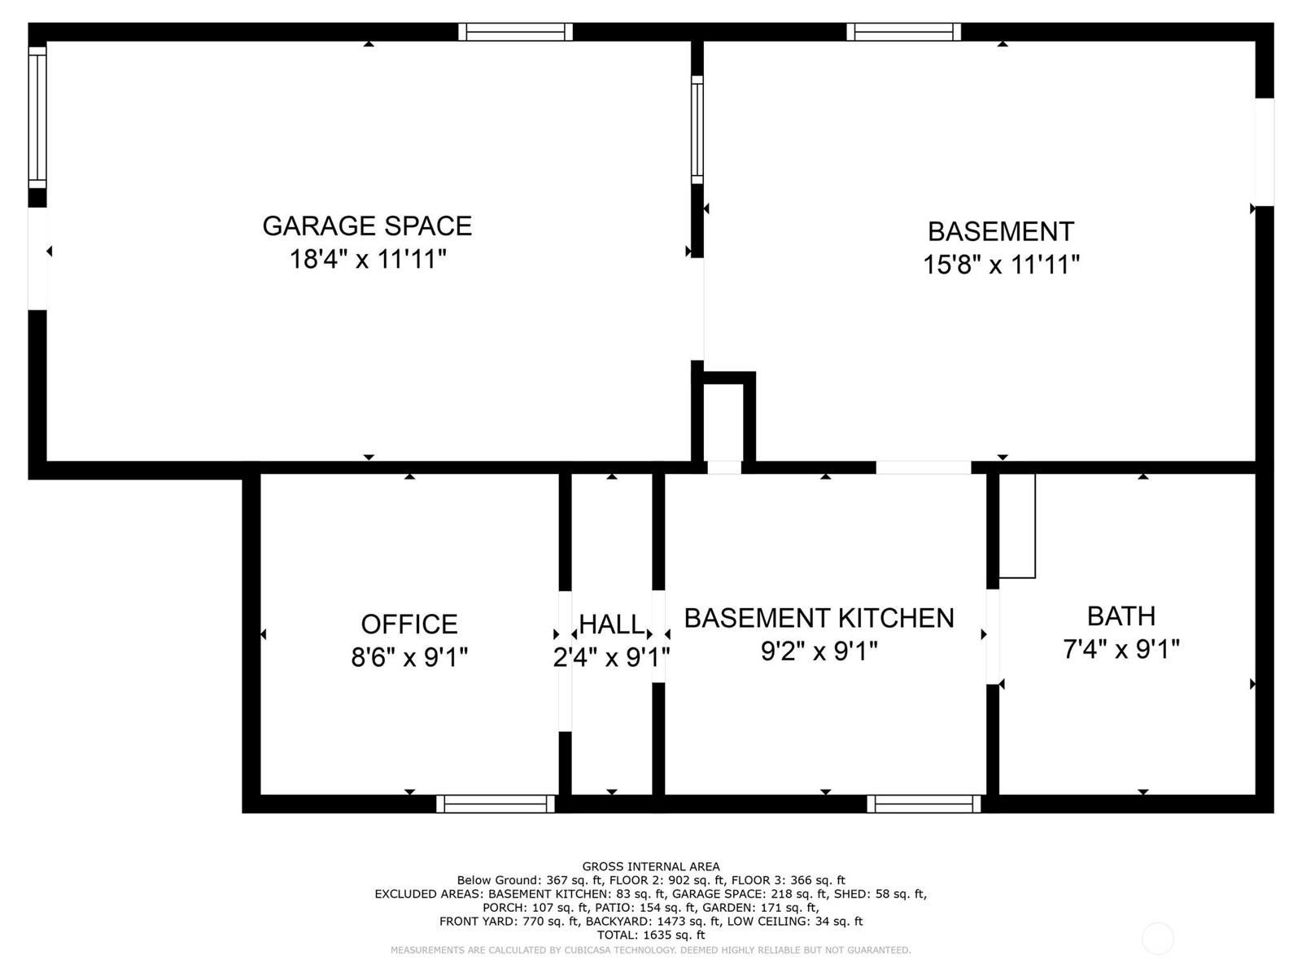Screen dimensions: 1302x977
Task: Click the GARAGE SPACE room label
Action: tap(367, 226)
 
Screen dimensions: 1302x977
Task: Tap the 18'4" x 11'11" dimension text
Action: tap(368, 259)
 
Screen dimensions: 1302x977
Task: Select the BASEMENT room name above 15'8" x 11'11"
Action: tap(1001, 231)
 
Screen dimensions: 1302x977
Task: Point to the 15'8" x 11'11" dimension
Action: tap(1001, 265)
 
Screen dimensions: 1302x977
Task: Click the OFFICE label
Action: tap(409, 624)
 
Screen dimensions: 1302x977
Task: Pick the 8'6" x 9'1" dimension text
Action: tap(409, 657)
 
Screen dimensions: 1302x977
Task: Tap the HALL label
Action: tap(612, 624)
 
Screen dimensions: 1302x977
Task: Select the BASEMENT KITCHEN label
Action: tap(819, 618)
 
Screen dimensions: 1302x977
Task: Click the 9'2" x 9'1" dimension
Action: tap(819, 651)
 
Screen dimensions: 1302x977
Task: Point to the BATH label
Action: tap(1121, 616)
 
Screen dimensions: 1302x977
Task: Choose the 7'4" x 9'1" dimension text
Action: tap(1121, 650)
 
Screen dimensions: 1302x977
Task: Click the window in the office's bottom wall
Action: tap(496, 804)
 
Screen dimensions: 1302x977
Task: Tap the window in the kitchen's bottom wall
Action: tap(924, 804)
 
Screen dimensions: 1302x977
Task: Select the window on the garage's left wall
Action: tap(37, 117)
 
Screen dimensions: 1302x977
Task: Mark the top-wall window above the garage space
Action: tap(515, 32)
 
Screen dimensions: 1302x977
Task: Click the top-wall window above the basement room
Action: tap(903, 32)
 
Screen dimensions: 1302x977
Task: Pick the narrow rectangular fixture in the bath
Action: tap(1017, 526)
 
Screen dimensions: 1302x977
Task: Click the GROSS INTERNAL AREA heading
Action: tap(651, 866)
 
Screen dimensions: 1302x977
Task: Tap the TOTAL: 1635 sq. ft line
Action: tap(651, 935)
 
